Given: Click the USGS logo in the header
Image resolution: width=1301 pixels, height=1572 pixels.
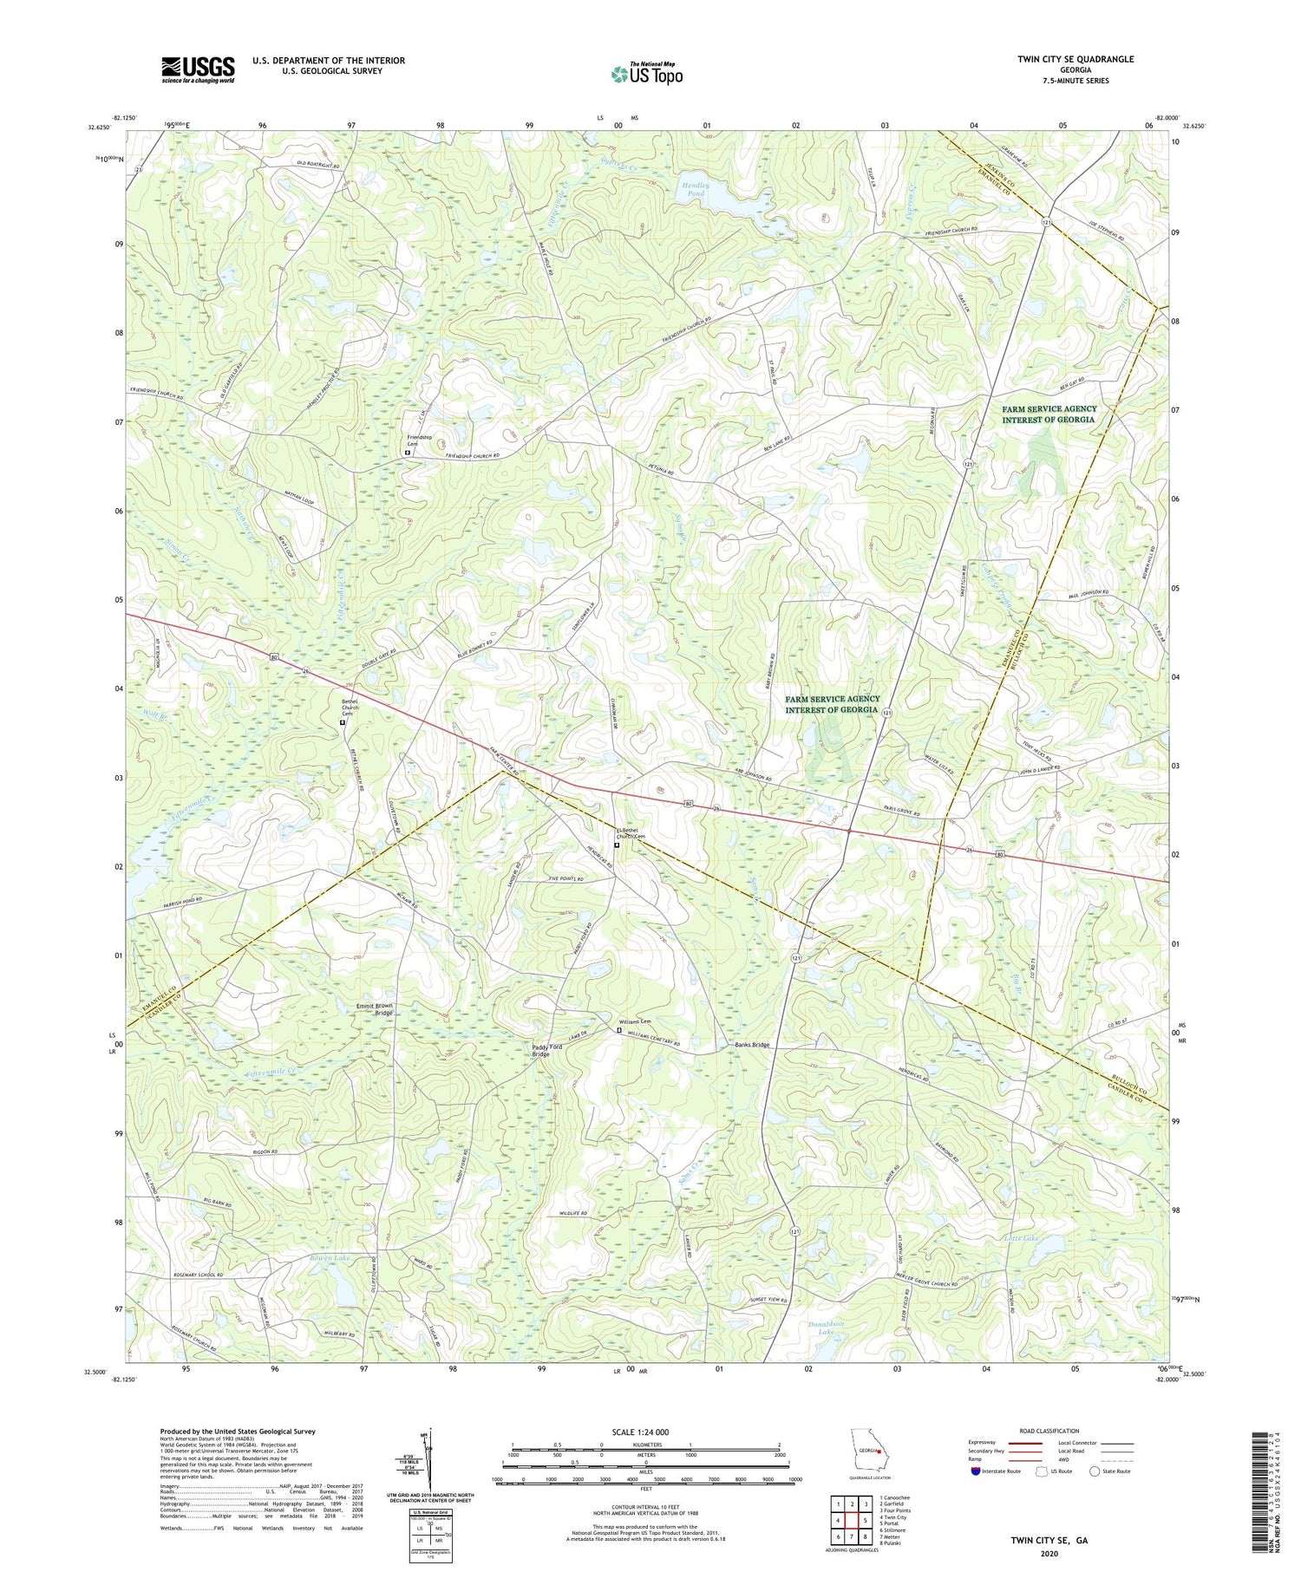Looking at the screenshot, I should coord(198,69).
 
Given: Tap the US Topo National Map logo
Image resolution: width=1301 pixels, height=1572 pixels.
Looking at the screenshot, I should coord(647,75).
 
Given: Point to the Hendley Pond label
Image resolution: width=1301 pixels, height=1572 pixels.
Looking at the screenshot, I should coord(694,189).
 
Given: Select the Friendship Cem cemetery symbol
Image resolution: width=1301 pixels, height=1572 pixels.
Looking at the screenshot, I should coord(408,452).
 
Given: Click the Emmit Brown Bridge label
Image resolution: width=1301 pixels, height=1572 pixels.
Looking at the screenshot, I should coord(375,1009).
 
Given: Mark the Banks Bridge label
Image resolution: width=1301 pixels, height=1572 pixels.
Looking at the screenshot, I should coord(747,1045).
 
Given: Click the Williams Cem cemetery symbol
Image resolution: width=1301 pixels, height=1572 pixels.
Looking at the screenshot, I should coord(618,1031).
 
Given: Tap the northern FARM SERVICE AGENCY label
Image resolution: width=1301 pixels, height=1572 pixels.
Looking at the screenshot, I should coord(1049,414).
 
